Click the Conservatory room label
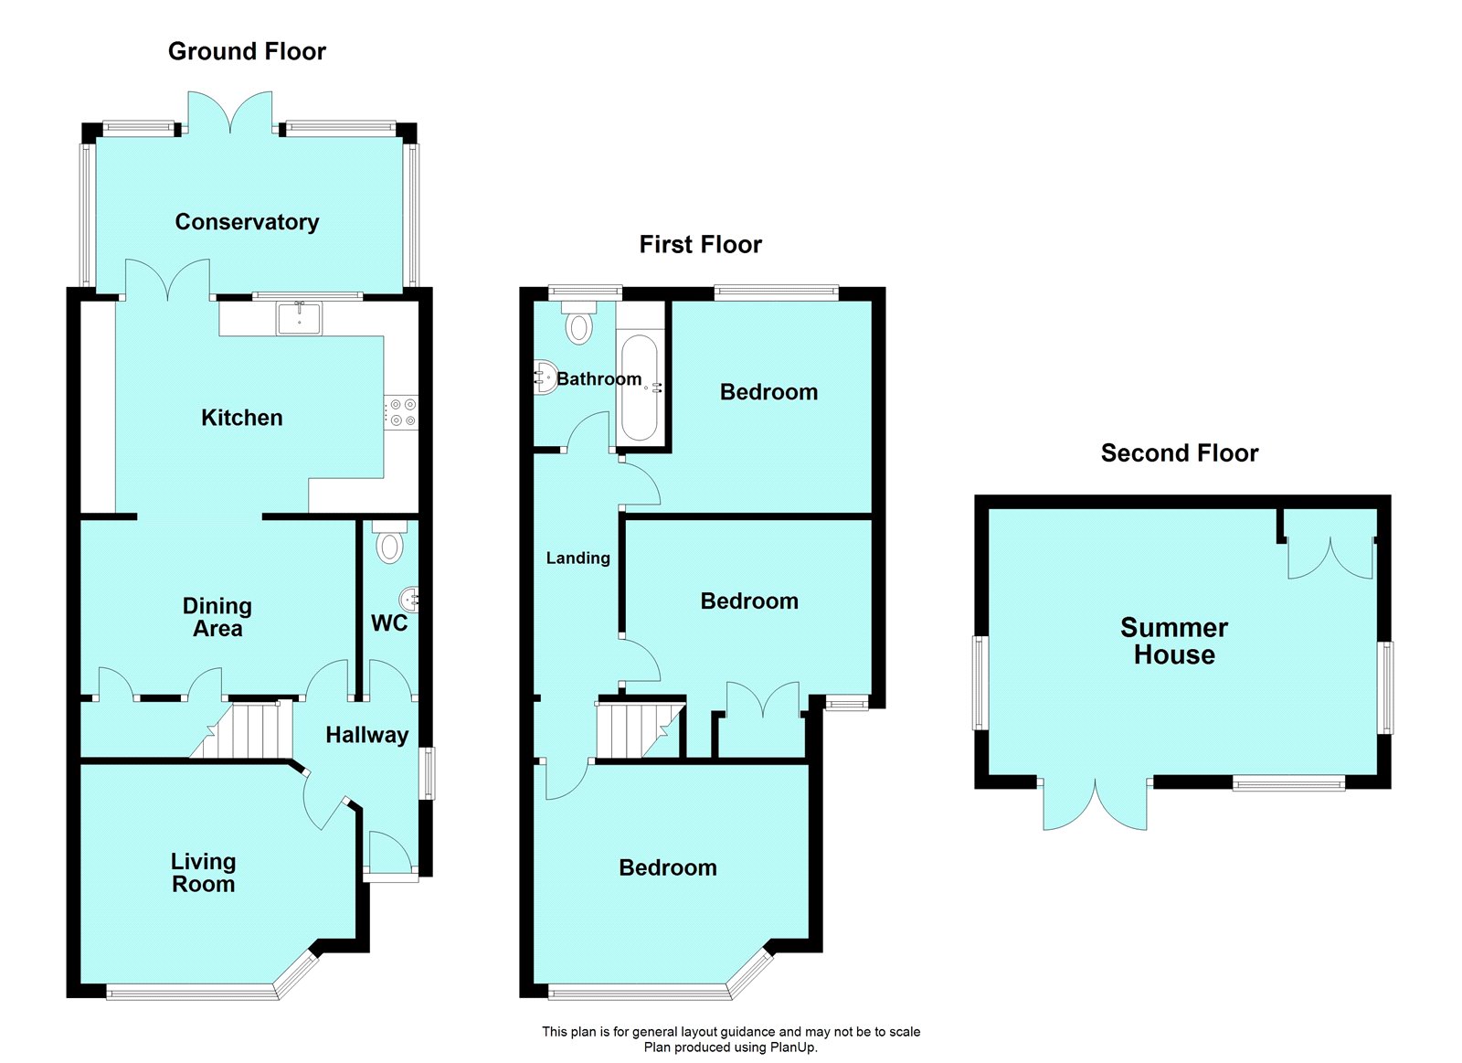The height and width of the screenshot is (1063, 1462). coord(247,222)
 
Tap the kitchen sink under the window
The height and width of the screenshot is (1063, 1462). coord(300,318)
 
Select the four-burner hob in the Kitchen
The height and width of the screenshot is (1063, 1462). coord(401,411)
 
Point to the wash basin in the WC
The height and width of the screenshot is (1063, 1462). coord(411,600)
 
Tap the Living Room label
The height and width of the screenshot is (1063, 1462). coord(203,873)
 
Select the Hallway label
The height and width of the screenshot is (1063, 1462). coord(366,735)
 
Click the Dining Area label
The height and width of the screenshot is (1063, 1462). coord(217,617)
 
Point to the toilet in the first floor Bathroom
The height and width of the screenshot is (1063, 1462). coord(578,324)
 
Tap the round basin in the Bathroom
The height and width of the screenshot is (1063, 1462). coord(546,377)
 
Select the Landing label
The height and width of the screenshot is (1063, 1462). coord(577,558)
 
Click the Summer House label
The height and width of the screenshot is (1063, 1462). coord(1174,641)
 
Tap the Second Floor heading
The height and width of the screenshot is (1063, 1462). coord(1179,453)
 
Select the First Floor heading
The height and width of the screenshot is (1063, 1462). coord(700,245)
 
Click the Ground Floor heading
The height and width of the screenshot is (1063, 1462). coord(247,52)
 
